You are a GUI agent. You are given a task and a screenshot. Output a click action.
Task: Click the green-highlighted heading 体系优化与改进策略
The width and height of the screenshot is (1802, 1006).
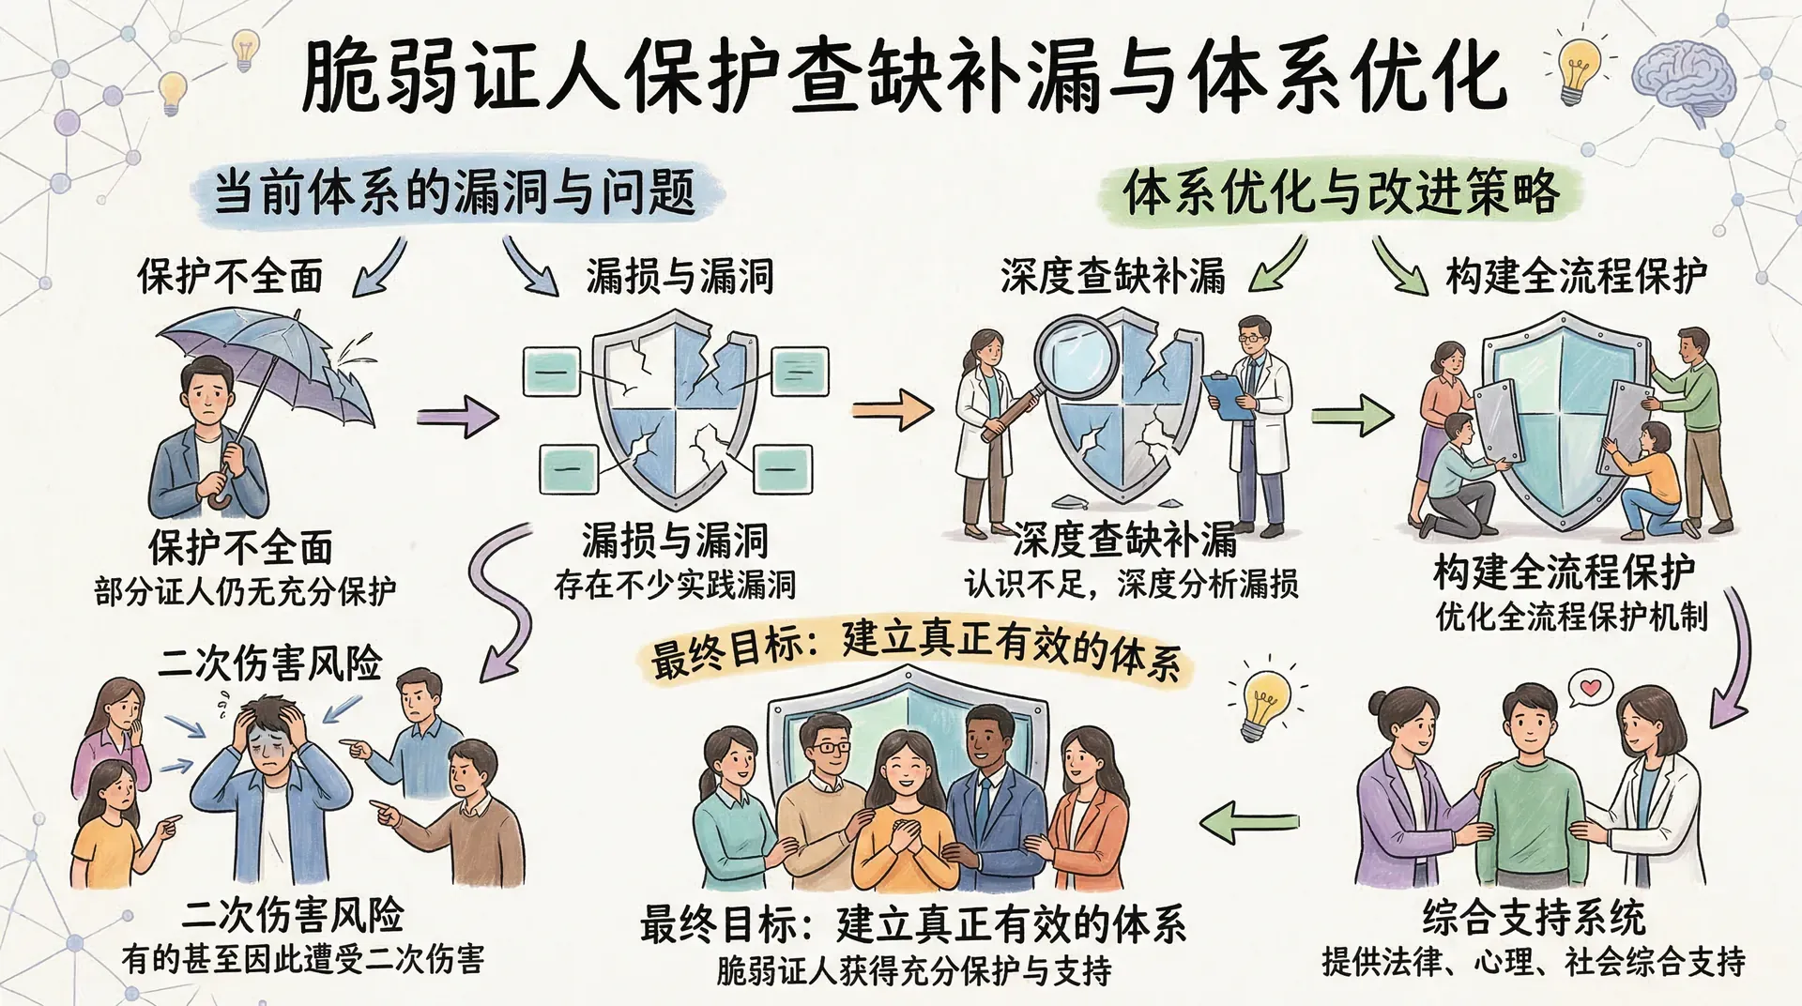pos(1341,192)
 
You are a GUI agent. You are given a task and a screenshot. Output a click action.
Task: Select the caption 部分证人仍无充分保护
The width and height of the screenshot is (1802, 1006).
pos(245,592)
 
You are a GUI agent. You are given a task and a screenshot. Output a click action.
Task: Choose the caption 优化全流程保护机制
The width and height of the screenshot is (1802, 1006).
pos(1571,617)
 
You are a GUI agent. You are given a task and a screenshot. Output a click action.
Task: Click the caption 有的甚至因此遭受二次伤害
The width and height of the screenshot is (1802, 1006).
pos(303,960)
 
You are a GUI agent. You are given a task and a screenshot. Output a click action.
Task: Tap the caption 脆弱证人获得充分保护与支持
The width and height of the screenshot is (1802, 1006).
pos(913,969)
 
